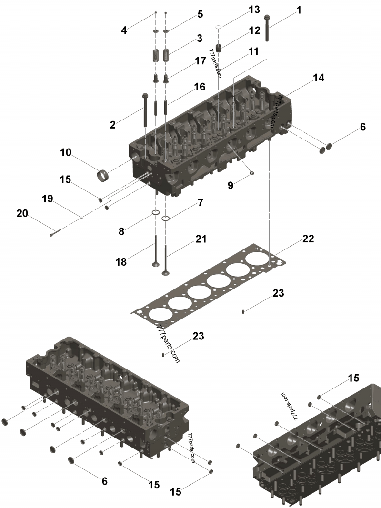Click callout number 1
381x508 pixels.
(299, 10)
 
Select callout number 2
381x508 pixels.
(112, 125)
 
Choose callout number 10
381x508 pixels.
(65, 152)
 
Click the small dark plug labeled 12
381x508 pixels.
(219, 48)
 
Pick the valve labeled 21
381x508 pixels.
(165, 257)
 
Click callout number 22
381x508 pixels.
(308, 239)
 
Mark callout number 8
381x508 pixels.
(121, 232)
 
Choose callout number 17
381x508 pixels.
(200, 61)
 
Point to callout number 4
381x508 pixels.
(124, 30)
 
